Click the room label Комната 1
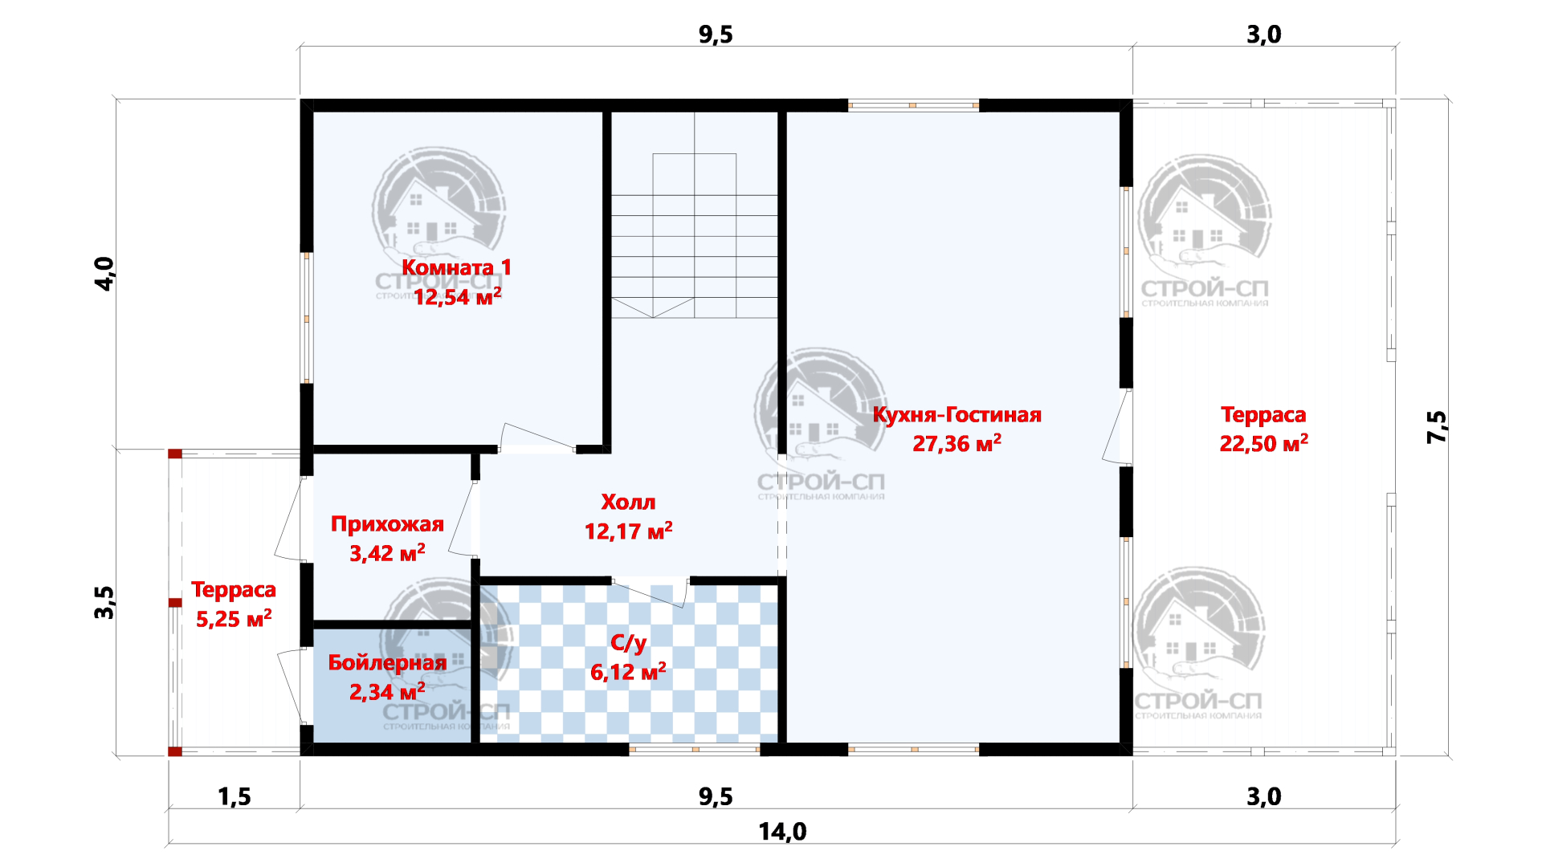tap(456, 267)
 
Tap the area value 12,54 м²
tap(457, 296)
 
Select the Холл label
tap(628, 503)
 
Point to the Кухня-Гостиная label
tap(957, 415)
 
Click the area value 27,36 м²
tap(957, 443)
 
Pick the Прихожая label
tap(387, 525)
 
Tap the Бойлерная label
tap(387, 663)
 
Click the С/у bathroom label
tap(628, 642)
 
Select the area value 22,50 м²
tap(1263, 443)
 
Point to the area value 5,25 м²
tap(234, 618)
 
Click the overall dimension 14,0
tap(782, 832)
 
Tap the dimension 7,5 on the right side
tap(1437, 427)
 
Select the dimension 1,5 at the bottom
tap(234, 797)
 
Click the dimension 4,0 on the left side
tap(104, 274)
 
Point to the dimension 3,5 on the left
tap(104, 602)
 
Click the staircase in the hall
tap(694, 215)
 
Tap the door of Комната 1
tap(536, 438)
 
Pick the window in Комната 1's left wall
tap(307, 318)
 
